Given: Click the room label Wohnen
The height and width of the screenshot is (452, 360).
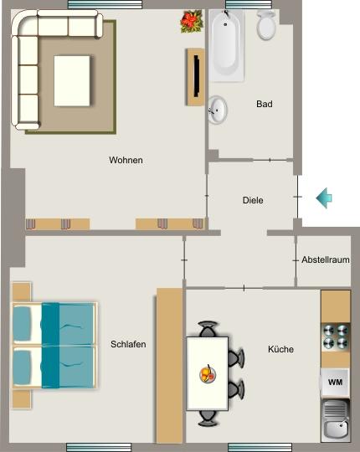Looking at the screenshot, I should (x=126, y=160).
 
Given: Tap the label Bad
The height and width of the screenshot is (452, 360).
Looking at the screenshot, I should (x=265, y=105).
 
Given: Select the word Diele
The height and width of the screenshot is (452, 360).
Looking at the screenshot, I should (x=253, y=201).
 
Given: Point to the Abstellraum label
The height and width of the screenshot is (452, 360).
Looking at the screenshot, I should (x=326, y=260).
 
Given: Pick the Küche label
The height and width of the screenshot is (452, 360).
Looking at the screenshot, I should (x=280, y=349).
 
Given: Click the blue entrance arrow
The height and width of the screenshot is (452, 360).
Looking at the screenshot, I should (x=324, y=198).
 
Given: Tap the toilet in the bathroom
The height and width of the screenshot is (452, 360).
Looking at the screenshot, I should (x=266, y=27).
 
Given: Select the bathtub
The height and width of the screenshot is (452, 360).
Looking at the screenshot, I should (x=226, y=45).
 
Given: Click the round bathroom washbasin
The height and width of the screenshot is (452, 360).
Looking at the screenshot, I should (x=218, y=109).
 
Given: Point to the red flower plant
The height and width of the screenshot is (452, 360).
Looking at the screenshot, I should (x=191, y=21).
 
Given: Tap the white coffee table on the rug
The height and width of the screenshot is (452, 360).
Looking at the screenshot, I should (x=72, y=80).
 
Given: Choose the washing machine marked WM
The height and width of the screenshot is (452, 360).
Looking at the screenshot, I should (x=335, y=382).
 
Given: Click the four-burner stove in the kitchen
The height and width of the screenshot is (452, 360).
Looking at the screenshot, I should (x=335, y=336).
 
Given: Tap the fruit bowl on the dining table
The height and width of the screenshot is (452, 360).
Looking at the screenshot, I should (x=206, y=372).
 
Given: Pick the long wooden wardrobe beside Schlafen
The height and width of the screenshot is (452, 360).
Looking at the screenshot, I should (x=169, y=365).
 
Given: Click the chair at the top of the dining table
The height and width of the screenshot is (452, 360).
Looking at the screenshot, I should (x=208, y=329).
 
